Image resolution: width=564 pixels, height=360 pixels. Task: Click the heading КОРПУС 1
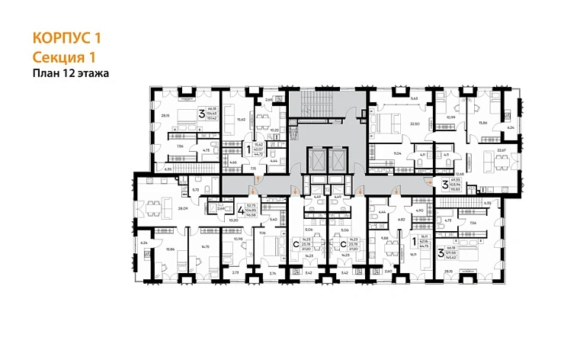click(x=68, y=37)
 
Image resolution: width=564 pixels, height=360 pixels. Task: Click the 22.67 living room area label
click(x=501, y=150)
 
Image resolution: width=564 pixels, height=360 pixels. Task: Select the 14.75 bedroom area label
click(x=204, y=246)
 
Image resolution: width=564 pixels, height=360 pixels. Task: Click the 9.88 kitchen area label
click(x=383, y=237)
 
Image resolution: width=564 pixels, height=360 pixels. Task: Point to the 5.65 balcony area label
click(x=414, y=98)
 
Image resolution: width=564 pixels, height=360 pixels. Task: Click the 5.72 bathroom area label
click(x=196, y=188)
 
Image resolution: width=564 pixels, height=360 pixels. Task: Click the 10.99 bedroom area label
click(x=451, y=117)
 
